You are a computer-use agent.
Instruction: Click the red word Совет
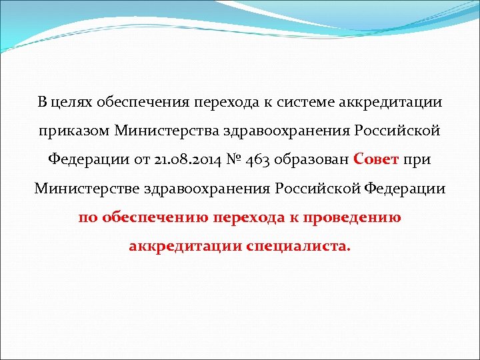point(377,161)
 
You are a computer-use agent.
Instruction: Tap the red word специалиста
point(297,247)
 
